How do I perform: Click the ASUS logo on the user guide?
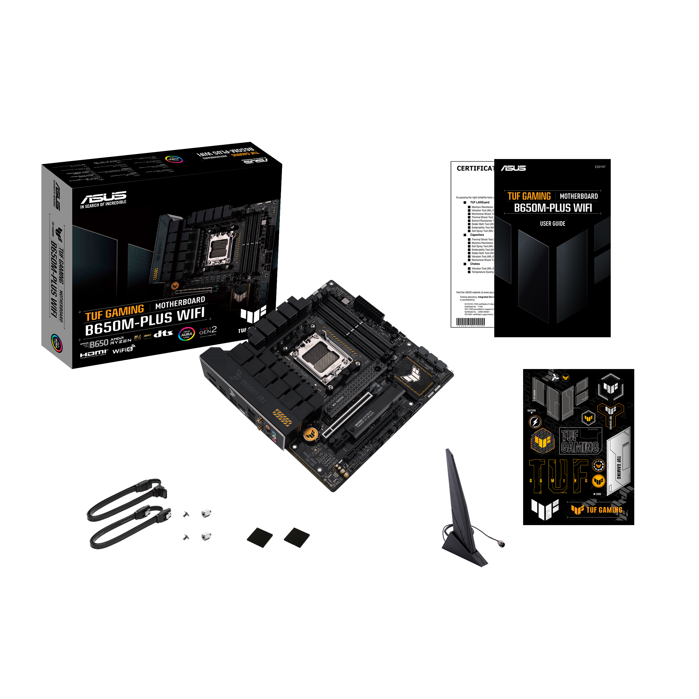[513, 168]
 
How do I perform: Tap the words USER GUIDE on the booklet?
[553, 224]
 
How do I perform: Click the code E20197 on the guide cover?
[600, 167]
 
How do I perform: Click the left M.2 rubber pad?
[260, 537]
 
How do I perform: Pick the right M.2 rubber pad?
[297, 537]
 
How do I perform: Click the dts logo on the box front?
[163, 333]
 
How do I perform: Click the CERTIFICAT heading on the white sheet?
[475, 168]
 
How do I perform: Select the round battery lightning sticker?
[535, 422]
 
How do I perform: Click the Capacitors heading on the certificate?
[477, 235]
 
